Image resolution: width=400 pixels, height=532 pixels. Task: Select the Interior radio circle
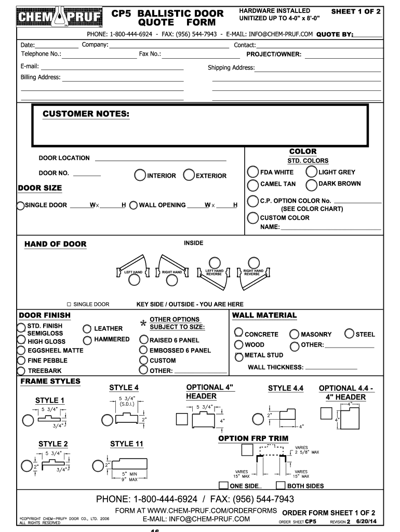pos(140,175)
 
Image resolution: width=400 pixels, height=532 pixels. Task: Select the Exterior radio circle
pos(189,175)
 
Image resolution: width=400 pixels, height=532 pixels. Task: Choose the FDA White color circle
pos(253,172)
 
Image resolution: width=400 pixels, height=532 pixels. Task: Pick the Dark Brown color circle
pos(312,184)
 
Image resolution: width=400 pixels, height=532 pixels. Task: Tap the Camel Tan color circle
pos(253,184)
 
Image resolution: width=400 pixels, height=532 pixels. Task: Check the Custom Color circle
pos(253,218)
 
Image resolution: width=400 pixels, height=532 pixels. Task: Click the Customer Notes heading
pos(86,114)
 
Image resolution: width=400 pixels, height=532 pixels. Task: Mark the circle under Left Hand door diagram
pos(134,280)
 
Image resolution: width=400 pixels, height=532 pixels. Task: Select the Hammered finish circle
pos(87,340)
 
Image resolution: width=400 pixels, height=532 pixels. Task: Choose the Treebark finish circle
pos(21,371)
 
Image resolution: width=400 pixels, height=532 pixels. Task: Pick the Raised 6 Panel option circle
pos(143,340)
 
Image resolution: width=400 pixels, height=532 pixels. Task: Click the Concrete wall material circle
pos(238,333)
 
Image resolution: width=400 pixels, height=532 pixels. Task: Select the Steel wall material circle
pos(349,334)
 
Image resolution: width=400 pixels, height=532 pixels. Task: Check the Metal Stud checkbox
pos(238,356)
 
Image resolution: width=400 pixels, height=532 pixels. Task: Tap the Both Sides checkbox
pos(281,486)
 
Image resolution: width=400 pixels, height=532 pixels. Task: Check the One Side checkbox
pos(223,486)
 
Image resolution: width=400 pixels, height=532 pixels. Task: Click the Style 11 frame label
pos(126,444)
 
